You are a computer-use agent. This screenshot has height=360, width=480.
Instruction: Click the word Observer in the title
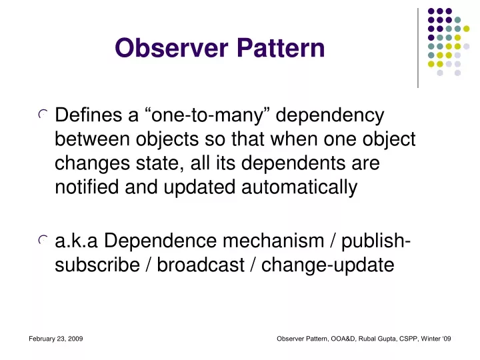point(171,48)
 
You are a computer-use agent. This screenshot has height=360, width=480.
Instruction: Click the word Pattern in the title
point(281,48)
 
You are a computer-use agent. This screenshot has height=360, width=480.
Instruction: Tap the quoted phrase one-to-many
point(206,116)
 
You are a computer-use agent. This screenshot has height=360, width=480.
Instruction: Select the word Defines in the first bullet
point(89,115)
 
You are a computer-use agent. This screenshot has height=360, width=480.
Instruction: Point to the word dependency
point(330,116)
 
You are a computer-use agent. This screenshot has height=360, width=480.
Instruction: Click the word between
point(92,139)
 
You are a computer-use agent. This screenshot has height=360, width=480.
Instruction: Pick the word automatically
point(299,187)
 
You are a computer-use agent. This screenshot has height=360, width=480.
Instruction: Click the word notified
point(87,187)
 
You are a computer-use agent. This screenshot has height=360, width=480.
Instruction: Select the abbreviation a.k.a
point(76,241)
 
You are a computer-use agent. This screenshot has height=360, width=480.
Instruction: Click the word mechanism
point(273,241)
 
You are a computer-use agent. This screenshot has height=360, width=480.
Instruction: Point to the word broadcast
point(201,265)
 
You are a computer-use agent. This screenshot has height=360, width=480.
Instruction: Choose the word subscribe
point(97,265)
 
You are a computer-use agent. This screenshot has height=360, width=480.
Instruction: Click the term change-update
point(327,265)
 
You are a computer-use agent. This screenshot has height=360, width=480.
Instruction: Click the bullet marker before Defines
point(43,114)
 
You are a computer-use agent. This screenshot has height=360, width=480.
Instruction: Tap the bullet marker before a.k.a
point(43,240)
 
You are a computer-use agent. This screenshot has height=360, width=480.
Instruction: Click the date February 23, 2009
point(56,339)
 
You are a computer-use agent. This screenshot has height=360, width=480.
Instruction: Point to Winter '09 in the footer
point(436,339)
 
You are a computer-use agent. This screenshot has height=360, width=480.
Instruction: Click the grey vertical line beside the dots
point(418,48)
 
